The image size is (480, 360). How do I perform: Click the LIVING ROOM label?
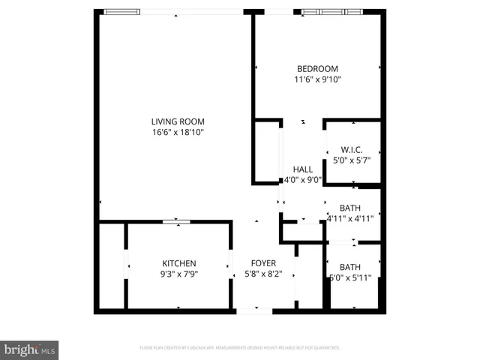pos(178,121)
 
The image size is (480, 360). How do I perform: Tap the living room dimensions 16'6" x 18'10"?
pos(178,132)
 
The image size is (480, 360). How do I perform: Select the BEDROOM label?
pos(317,68)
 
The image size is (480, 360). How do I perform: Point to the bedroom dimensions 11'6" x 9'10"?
pos(317,79)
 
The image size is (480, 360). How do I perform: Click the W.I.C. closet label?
pos(352,148)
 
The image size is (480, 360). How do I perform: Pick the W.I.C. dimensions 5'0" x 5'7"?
pos(352,159)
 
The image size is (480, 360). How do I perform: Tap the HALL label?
pos(303,169)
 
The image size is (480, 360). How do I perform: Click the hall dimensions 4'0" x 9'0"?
pos(303,180)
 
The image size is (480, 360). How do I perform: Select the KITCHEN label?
pos(179,263)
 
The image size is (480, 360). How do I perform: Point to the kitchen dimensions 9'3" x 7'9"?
pos(179,274)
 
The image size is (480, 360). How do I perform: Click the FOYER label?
pos(263,263)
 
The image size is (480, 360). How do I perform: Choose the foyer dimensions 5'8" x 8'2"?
pos(263,274)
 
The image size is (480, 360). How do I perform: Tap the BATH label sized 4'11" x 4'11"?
pos(350,208)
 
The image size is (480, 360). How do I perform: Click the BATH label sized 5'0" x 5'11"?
pos(350,267)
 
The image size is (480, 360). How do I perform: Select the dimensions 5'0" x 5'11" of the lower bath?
pos(350,277)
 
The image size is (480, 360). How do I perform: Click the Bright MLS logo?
pos(30,349)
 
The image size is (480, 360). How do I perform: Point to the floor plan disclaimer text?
pos(240,348)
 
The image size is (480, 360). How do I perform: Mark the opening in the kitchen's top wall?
pos(176,221)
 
